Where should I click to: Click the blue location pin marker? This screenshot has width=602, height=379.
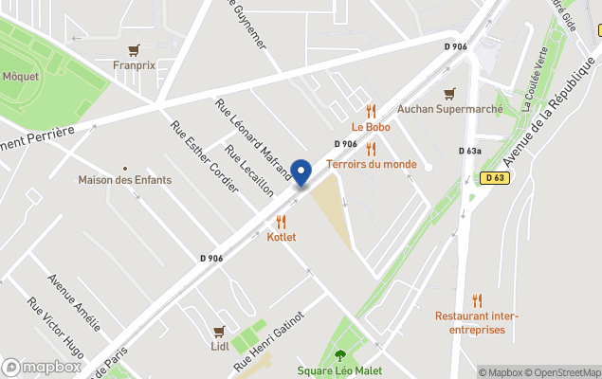[x=301, y=172]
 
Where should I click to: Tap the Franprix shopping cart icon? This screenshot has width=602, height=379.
[x=134, y=50]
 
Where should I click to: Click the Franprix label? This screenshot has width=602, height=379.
[x=134, y=66]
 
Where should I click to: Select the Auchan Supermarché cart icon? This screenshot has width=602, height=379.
[x=449, y=93]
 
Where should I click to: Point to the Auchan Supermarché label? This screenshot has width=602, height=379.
[x=449, y=108]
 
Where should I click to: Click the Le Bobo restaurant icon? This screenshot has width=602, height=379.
[x=371, y=111]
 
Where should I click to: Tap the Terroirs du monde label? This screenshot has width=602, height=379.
[x=371, y=164]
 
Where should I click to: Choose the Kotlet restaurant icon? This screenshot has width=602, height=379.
[x=281, y=221]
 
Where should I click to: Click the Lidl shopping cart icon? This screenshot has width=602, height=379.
[x=219, y=332]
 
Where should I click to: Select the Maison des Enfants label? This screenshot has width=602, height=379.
[x=119, y=180]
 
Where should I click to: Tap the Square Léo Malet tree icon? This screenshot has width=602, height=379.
[x=339, y=355]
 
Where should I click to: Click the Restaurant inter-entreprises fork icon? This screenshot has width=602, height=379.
[x=477, y=300]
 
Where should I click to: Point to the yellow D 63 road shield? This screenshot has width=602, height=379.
[x=493, y=177]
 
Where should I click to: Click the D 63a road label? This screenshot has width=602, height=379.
[x=470, y=151]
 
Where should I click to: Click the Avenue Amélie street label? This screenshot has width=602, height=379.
[x=74, y=302]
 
